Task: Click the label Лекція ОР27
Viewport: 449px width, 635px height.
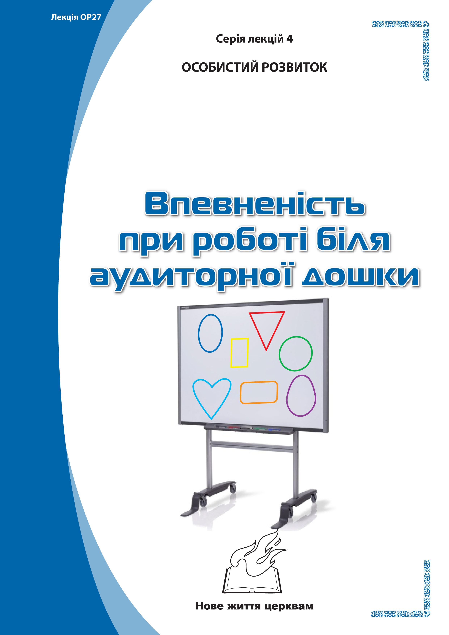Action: point(76,17)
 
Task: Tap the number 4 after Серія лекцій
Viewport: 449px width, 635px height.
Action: point(290,39)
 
